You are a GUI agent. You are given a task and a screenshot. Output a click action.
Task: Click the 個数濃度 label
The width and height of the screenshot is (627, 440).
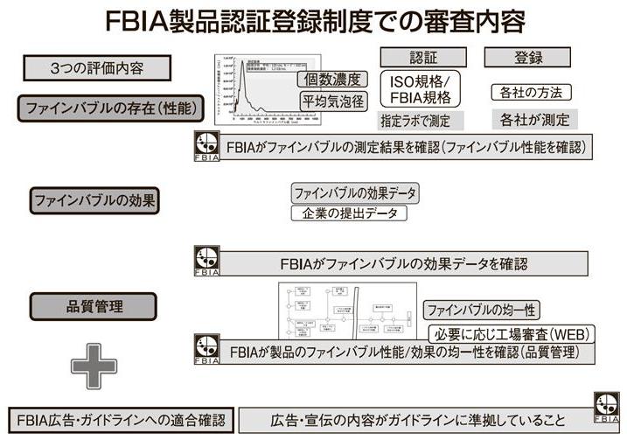click(332, 79)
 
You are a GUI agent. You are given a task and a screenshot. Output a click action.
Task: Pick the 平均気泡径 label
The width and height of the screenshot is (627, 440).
click(332, 101)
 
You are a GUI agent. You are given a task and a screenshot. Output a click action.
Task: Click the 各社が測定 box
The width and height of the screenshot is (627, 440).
click(534, 120)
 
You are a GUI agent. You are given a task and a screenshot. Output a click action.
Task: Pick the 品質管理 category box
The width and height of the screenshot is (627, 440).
click(94, 306)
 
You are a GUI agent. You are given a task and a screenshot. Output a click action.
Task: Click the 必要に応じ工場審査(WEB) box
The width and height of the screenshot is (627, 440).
click(512, 333)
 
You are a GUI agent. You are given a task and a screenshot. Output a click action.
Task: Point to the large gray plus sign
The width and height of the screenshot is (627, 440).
click(94, 365)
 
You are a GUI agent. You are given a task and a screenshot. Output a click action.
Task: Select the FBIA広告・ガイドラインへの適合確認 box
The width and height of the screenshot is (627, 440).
click(121, 418)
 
